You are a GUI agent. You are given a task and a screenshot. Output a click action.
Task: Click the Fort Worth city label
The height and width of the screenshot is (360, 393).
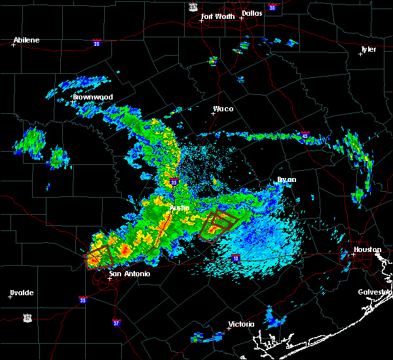pos(219,16)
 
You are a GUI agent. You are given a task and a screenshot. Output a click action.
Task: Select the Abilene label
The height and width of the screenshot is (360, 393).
pos(27,40)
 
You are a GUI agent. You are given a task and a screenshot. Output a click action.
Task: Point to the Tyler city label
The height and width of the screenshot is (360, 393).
pos(368,49)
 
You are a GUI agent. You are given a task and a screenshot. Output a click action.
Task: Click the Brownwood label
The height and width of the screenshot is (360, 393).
pos(93,97)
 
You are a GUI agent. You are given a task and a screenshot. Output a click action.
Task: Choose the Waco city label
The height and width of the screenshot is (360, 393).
pos(223,109)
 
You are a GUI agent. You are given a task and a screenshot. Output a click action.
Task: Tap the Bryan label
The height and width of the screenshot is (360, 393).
pos(287,179)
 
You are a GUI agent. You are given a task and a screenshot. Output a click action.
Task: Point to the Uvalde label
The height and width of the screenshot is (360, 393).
pos(22,293)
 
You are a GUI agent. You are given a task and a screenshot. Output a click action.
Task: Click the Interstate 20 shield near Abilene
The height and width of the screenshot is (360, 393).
pos(96,43)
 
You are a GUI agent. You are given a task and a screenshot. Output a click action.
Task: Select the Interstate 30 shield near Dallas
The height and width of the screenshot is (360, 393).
pos(272,7)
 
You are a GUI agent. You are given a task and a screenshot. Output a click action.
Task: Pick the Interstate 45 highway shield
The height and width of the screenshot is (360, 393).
pos(305,136)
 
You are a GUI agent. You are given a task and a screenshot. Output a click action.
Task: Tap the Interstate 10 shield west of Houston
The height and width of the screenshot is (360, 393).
pos(235,259)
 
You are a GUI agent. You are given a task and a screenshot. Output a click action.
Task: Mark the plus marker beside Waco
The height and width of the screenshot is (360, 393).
pos(213,113)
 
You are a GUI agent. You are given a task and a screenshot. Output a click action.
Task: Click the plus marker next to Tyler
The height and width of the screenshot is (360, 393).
pos(360,54)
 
